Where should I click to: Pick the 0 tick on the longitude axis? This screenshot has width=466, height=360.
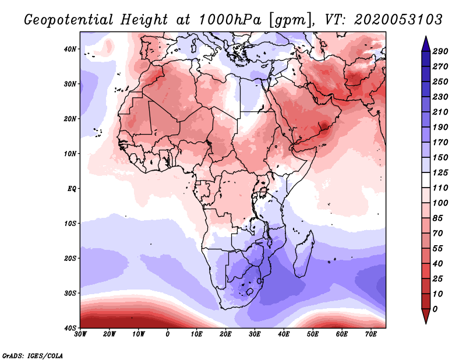tap(168, 334)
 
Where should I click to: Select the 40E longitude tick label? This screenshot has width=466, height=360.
tap(284, 334)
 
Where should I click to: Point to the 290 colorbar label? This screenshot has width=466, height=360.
tap(440, 52)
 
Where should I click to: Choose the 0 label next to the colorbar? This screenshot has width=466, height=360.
tap(436, 309)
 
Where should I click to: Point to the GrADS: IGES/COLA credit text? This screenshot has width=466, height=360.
tap(33, 355)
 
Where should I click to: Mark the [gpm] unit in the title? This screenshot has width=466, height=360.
tap(290, 20)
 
